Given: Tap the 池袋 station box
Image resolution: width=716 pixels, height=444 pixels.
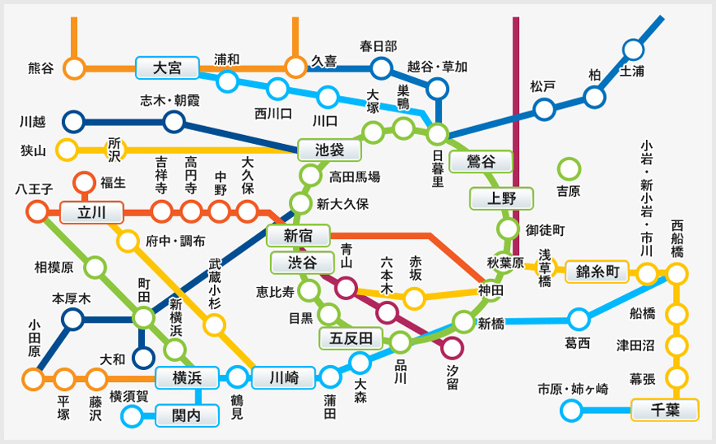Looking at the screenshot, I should click(330, 150).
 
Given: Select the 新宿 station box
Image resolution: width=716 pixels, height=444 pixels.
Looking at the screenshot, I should click(297, 237).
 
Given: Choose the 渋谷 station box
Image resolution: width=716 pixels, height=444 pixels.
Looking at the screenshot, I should click(302, 262).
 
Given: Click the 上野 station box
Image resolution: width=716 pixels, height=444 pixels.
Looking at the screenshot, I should click(501, 198).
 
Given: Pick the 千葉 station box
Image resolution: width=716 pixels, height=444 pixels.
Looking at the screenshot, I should click(665, 410).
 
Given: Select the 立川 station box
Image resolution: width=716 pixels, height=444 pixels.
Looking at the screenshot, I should click(91, 213).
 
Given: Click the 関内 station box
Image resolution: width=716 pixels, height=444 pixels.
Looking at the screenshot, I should click(187, 416).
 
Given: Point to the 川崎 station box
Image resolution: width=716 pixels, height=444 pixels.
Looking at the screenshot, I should click(284, 377).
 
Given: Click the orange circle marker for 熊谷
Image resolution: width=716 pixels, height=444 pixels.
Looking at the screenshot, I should click(75, 68).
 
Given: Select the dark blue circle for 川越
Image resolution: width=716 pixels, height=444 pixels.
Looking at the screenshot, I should click(74, 122).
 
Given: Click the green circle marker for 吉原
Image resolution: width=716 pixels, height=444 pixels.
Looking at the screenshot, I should click(569, 169).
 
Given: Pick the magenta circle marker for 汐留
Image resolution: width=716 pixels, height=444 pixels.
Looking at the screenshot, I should click(452, 348).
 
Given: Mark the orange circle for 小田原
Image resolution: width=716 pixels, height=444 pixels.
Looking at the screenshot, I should click(33, 378).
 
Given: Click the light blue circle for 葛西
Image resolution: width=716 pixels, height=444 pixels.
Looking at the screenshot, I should click(579, 319).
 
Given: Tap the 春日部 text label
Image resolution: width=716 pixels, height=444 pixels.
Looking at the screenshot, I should click(378, 46).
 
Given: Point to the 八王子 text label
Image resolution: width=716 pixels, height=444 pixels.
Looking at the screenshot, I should click(34, 189).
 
